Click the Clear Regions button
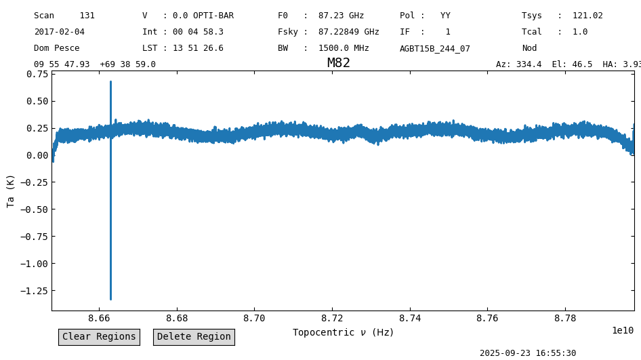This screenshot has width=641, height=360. pos(99,337)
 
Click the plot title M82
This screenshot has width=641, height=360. pos(339,63)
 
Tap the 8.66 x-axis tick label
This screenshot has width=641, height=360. pos(99,318)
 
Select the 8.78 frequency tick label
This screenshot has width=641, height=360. pos(565,318)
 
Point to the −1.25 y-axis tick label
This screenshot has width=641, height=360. pos(34,291)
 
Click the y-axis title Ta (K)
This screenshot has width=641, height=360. pos(10,191)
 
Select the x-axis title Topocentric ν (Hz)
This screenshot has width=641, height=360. pos(343,332)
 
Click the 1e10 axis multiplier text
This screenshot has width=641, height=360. pos(623,331)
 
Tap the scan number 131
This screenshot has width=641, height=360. pos(87,16)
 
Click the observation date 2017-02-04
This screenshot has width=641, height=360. pos(59,31)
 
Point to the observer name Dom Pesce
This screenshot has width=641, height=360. pos(57,48)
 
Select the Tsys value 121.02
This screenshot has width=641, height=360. pos(587,16)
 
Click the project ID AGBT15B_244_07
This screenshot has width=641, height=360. pos(435,48)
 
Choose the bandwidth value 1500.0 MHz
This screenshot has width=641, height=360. pos(344,48)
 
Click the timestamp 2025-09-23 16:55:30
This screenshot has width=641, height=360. pos(528,353)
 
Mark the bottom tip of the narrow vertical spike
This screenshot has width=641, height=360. pos(110,300)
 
